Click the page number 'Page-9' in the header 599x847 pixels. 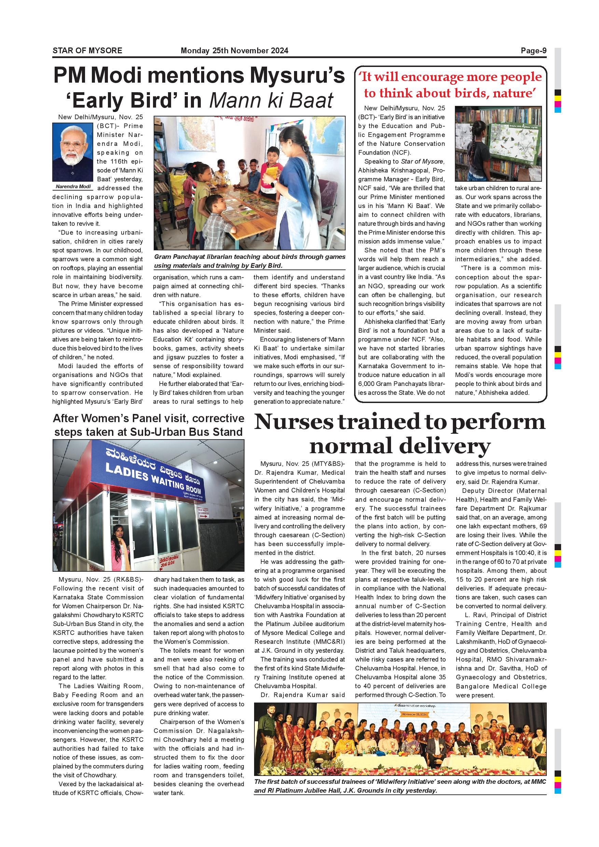pos(533,51)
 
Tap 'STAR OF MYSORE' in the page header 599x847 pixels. pos(87,51)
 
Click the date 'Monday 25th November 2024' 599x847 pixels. pos(234,51)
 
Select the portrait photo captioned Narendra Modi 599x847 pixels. pos(73,152)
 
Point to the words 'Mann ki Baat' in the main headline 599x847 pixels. pos(271,100)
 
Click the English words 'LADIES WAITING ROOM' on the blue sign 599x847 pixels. pos(153,478)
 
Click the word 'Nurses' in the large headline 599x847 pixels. pos(294,422)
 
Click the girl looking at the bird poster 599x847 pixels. pos(474,151)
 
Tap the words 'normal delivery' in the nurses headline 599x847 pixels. pos(400,446)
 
